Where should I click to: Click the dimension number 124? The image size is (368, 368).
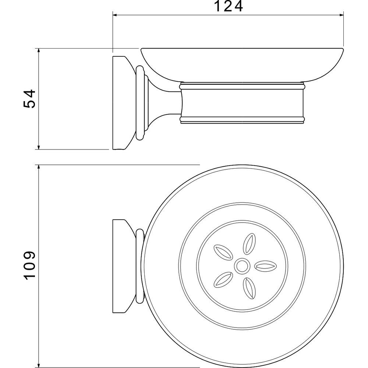point(229,6)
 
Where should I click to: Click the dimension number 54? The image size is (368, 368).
point(30,99)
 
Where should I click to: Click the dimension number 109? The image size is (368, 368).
point(30,265)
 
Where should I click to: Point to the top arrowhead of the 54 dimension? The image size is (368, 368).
point(39,51)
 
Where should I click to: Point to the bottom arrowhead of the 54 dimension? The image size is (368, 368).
point(39,147)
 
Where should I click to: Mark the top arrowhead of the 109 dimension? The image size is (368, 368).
point(39,167)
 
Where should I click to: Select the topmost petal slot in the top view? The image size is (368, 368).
point(249,244)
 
